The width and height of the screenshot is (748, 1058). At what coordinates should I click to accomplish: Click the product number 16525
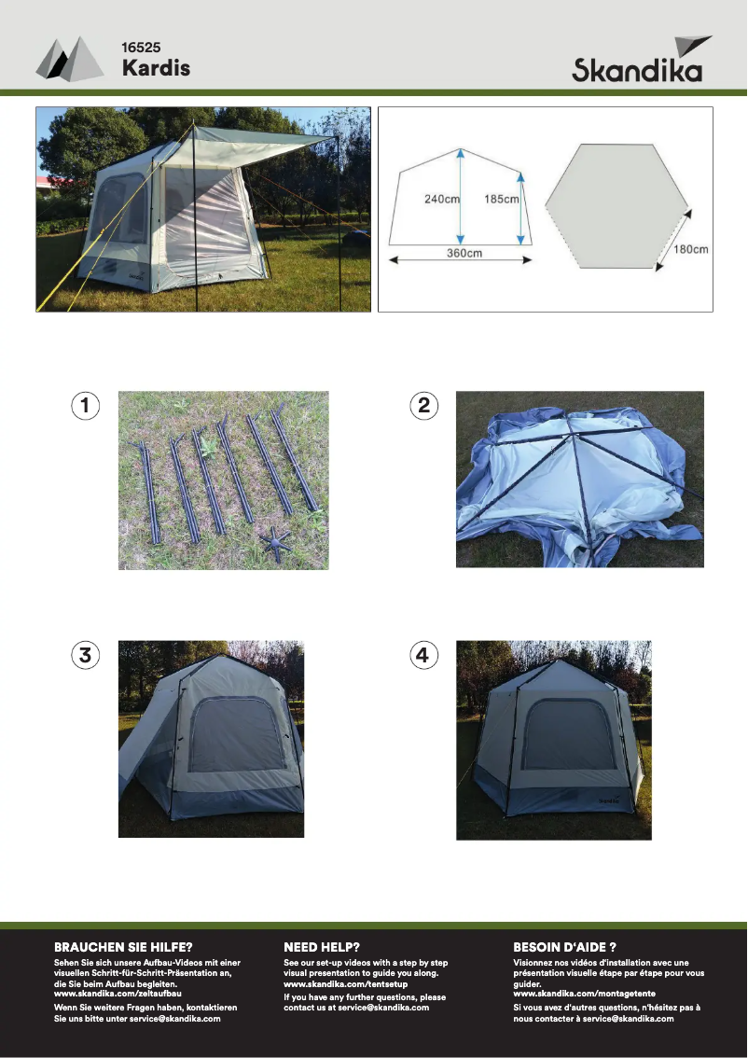point(141,48)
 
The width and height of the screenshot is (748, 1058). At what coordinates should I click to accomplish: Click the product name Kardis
point(156,67)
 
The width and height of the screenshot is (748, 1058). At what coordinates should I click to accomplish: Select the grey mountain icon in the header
point(70,59)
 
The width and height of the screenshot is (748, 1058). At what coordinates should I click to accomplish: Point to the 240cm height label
point(442,199)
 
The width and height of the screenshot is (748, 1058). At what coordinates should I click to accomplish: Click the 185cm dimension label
point(501,199)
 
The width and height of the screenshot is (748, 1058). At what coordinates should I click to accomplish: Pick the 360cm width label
point(464,253)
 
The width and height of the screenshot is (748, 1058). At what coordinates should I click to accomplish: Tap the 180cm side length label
point(691,249)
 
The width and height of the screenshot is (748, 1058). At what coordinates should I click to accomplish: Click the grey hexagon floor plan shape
point(616,206)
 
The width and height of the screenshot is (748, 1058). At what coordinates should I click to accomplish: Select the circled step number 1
point(85,406)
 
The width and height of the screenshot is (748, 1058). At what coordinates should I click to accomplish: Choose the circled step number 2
point(423,406)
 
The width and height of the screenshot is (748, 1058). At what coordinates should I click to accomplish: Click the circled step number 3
point(85,655)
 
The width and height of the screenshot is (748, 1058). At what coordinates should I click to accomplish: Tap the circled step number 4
point(423,655)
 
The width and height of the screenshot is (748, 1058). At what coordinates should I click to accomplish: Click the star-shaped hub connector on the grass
point(275,540)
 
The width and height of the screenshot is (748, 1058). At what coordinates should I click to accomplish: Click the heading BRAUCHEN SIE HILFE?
point(123,947)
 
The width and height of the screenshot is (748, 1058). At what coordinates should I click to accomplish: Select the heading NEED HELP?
point(322,947)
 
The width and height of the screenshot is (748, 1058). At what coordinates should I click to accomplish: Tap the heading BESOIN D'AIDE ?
point(564,947)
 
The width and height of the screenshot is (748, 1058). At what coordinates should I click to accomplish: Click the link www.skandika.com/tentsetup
point(345,983)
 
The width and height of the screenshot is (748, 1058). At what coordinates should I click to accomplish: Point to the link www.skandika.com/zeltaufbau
point(118,994)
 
